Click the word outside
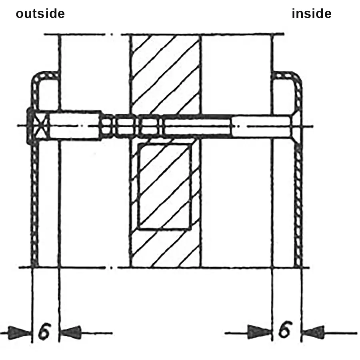click(x=40, y=14)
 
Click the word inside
click(x=312, y=14)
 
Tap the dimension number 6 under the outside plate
click(x=44, y=331)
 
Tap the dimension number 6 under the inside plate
click(x=285, y=329)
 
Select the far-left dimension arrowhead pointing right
click(x=20, y=333)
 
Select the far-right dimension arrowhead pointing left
click(x=313, y=332)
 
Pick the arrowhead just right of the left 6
click(x=70, y=332)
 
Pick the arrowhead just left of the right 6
click(x=260, y=332)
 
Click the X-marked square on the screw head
click(x=41, y=126)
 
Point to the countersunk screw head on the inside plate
click(x=296, y=126)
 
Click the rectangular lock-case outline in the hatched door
click(x=164, y=186)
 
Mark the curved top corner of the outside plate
click(x=37, y=78)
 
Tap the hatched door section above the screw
click(x=165, y=74)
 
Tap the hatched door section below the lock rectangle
click(x=165, y=249)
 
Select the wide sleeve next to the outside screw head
click(x=75, y=125)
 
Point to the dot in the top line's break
click(x=112, y=34)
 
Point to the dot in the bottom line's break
click(x=112, y=268)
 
